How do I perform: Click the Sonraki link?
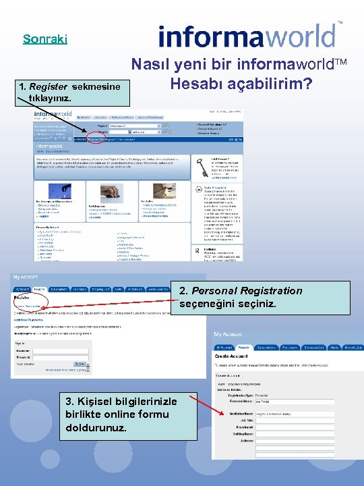[44, 39]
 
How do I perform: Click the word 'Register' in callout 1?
[49, 86]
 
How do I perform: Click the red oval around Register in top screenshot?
[96, 139]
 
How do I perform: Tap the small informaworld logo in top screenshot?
[49, 115]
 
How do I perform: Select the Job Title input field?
[276, 421]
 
